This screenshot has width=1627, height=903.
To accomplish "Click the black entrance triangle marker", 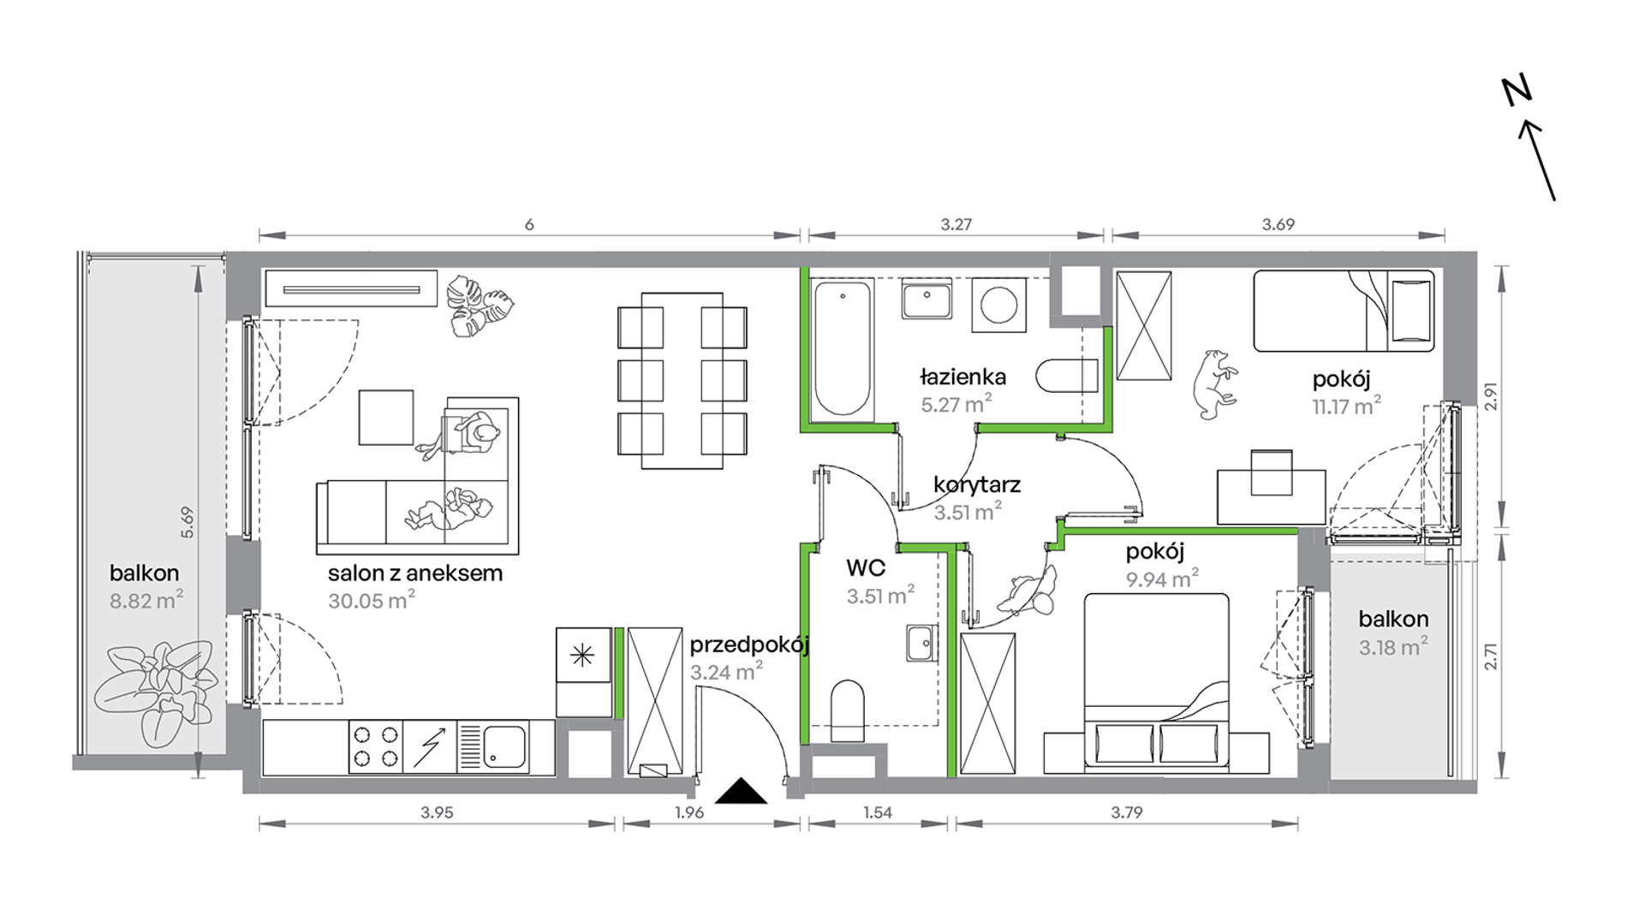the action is click(741, 792).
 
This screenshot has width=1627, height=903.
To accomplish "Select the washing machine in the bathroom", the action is click(998, 305).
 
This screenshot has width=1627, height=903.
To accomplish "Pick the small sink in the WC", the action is click(921, 643).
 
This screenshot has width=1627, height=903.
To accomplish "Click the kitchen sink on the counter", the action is click(504, 746).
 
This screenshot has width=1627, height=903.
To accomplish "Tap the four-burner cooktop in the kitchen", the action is click(376, 747).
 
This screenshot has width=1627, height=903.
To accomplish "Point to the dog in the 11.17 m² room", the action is click(1214, 384).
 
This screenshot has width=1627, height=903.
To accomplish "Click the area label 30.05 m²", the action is click(371, 601).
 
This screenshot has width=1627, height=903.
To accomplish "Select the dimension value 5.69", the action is click(188, 522).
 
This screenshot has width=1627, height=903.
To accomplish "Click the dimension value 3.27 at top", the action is click(956, 224).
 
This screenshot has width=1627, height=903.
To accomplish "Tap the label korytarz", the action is click(977, 485).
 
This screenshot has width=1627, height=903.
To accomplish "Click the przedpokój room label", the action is click(749, 645).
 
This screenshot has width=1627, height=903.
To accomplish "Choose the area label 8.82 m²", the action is click(146, 601).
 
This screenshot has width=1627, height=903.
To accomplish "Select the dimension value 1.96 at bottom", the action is click(688, 812).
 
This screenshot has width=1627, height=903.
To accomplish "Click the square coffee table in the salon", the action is click(385, 418).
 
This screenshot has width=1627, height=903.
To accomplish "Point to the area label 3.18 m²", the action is click(1393, 647).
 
